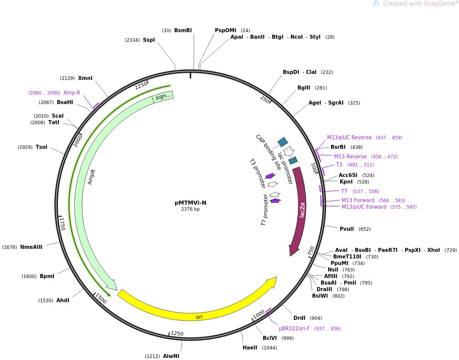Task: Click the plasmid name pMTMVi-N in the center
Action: [190, 203]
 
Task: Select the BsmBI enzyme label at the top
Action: [183, 31]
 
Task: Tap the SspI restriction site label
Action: [149, 40]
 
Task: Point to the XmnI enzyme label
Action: [85, 78]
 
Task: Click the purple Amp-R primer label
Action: [71, 93]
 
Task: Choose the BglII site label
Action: [303, 88]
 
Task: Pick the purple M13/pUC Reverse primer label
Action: [349, 137]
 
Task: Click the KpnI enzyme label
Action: [346, 182]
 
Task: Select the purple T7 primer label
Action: [344, 191]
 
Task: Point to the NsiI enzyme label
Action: [333, 270]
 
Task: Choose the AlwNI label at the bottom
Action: [171, 356]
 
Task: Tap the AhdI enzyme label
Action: [63, 300]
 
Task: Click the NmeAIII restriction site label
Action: [31, 247]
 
